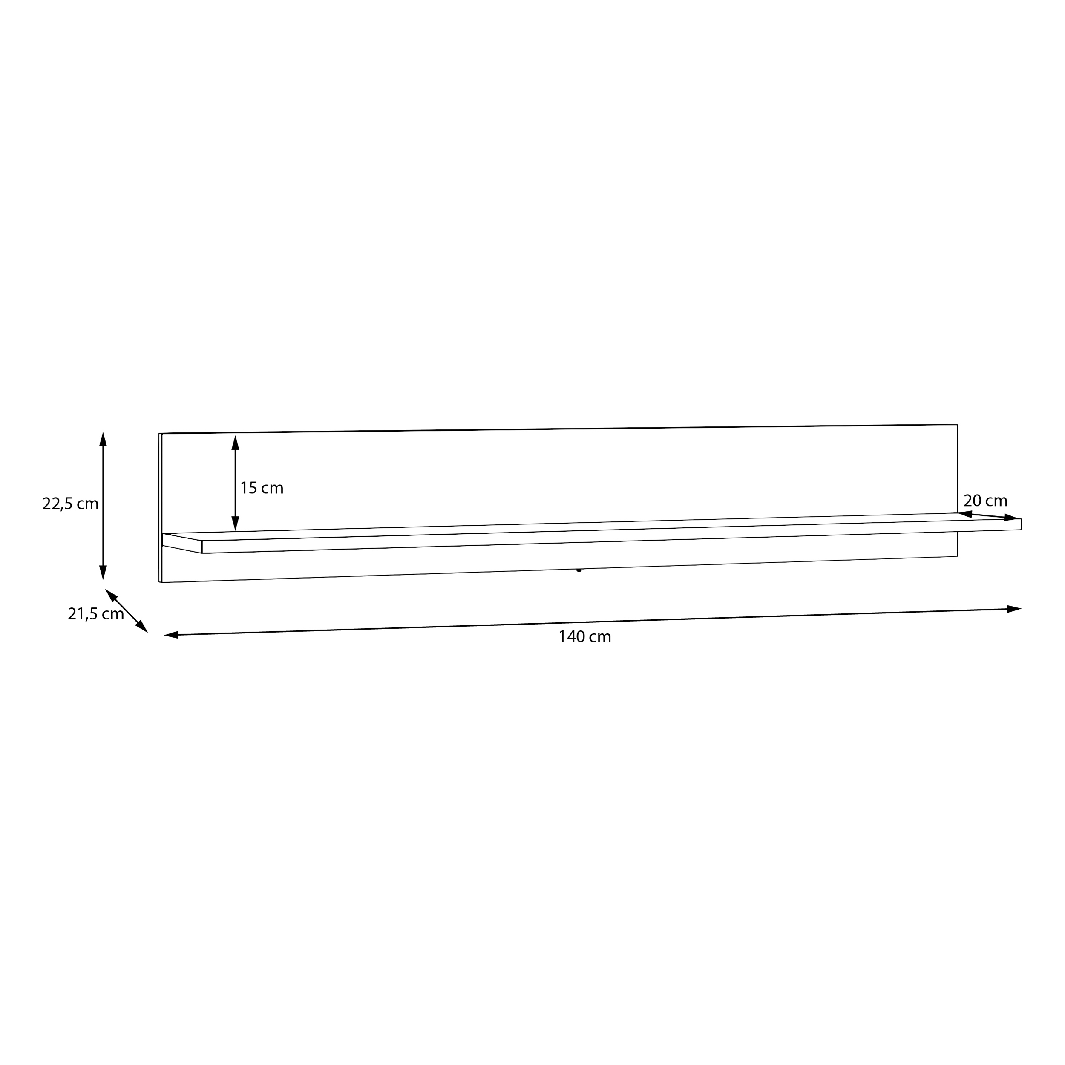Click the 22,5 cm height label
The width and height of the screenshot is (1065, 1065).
coord(71,504)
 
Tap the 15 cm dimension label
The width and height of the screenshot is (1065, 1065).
coord(262,488)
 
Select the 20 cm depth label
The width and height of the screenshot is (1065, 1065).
coord(986,501)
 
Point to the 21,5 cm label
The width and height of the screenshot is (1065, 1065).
coord(96,614)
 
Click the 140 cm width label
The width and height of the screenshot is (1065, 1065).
coord(585,637)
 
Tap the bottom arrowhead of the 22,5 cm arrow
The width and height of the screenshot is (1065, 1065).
coord(103,572)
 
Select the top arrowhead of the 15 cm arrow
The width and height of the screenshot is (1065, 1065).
coord(236,443)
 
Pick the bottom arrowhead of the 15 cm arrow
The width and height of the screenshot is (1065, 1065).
coord(236,524)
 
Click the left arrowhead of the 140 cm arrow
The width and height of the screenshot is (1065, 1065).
coord(171,635)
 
